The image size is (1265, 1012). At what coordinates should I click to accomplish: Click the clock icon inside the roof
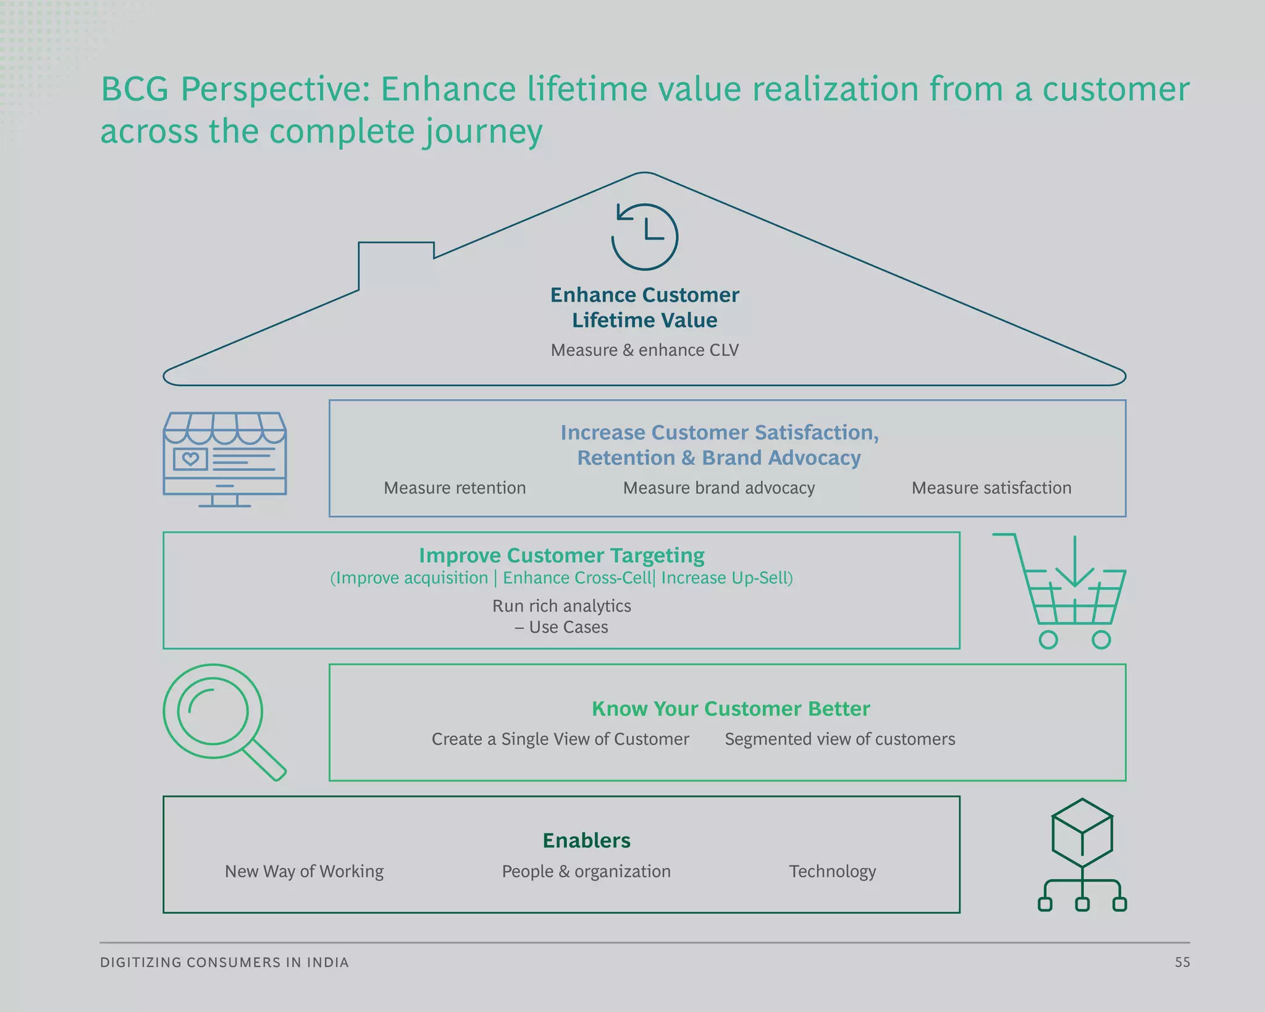(645, 237)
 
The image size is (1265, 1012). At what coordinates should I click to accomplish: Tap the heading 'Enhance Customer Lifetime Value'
(644, 307)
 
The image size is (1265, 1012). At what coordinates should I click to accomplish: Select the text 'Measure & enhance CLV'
(644, 350)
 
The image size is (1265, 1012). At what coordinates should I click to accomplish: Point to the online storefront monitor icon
(225, 459)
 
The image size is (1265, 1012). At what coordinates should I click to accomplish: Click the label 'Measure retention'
(455, 488)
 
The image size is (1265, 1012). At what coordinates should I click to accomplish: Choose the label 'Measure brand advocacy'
(718, 488)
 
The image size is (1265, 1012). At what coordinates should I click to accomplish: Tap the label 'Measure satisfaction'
(991, 488)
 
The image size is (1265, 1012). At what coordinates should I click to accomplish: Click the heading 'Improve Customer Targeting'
(561, 555)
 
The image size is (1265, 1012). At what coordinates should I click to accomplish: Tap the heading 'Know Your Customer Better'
(730, 709)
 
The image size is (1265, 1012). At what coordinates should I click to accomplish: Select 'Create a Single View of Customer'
(560, 739)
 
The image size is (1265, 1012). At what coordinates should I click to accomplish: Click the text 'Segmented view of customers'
(839, 739)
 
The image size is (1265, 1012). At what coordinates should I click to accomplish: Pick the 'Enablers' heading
(586, 841)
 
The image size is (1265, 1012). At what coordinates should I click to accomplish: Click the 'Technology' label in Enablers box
(832, 871)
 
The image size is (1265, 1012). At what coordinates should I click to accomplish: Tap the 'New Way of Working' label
(304, 871)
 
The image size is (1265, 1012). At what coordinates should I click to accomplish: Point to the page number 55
(1182, 963)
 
